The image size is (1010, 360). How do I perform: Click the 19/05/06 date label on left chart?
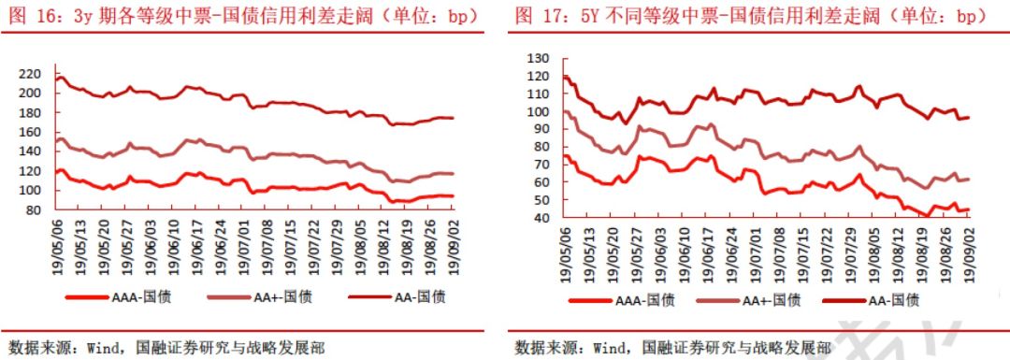[x=59, y=245]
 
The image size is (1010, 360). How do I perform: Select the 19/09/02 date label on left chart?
[x=453, y=245]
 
